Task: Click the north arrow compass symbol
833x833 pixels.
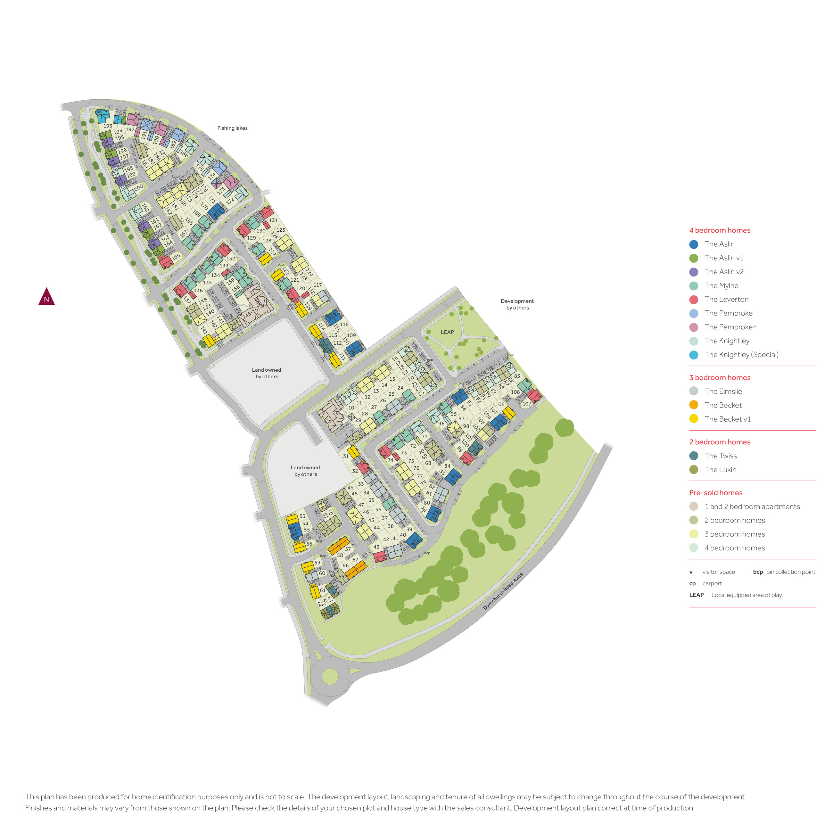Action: click(46, 297)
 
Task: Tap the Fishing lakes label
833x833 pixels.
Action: click(232, 128)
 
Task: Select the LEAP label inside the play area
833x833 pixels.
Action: click(447, 332)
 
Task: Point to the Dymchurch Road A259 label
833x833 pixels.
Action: click(503, 591)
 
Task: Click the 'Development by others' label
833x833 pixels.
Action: click(517, 304)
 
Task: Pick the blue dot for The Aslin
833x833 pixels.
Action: click(694, 244)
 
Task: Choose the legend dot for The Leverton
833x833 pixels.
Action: click(694, 300)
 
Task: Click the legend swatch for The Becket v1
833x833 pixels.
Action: click(694, 419)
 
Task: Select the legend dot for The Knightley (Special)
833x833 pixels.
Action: click(694, 355)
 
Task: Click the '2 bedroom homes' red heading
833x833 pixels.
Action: click(720, 442)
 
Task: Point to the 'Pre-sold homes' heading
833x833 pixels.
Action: click(716, 493)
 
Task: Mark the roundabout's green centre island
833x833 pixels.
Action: click(330, 676)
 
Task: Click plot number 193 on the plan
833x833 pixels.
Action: click(108, 126)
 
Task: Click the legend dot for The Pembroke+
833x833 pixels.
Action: click(694, 327)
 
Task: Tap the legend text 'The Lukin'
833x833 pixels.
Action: click(721, 470)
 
